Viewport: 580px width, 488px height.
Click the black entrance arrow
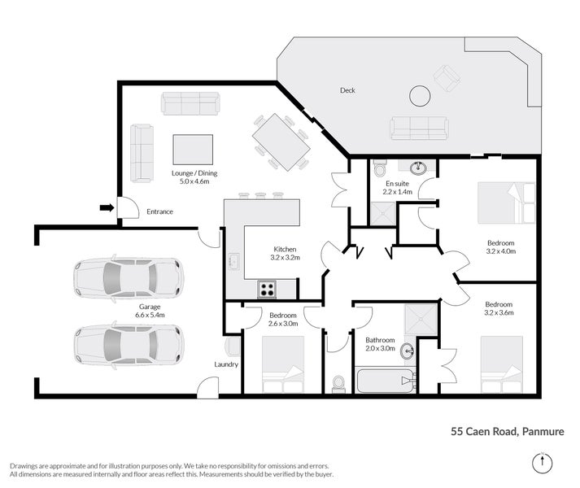pos(106,208)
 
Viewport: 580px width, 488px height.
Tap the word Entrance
pos(159,212)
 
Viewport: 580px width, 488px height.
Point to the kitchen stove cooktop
pos(267,288)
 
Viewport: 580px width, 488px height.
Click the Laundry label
pos(226,364)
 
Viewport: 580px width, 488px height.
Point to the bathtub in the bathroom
pos(386,380)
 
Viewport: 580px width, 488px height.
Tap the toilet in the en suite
pos(379,169)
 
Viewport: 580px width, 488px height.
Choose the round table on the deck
pos(421,96)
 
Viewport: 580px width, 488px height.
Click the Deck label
pos(347,90)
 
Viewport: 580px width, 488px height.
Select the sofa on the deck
pos(419,128)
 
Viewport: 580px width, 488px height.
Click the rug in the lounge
pos(193,150)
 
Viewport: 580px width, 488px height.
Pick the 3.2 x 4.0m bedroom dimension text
pos(500,251)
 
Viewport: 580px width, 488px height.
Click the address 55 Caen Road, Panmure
pos(508,432)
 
